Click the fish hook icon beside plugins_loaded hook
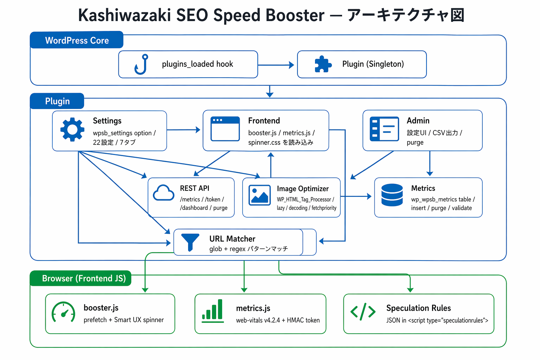(141, 64)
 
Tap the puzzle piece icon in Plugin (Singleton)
(323, 64)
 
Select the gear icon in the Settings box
(72, 130)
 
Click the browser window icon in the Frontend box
(225, 129)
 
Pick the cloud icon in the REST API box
(164, 193)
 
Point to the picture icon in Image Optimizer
(259, 195)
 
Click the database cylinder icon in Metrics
(392, 195)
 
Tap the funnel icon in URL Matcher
(190, 242)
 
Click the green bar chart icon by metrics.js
(213, 311)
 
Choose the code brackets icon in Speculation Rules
(363, 311)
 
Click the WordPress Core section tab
(77, 40)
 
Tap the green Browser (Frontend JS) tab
(84, 278)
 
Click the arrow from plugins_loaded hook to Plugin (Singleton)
(276, 65)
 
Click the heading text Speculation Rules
(418, 308)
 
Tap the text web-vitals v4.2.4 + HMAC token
(278, 320)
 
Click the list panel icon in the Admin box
(384, 129)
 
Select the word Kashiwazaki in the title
(124, 15)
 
